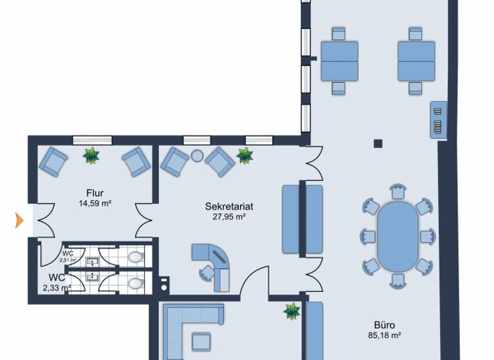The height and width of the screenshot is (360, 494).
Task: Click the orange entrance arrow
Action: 19,221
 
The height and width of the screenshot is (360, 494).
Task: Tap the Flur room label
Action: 95,193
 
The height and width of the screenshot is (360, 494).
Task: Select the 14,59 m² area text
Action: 95,204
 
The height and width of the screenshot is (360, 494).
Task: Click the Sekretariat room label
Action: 229,206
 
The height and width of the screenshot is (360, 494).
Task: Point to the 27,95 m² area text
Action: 229,217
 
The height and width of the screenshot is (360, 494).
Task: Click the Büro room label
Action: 385,325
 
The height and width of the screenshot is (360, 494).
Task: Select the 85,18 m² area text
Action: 384,335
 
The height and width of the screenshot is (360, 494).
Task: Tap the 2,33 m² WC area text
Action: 57,288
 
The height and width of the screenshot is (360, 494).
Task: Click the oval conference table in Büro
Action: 397,236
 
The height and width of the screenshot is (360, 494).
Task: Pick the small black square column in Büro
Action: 378,143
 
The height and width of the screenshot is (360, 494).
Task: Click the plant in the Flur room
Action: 92,155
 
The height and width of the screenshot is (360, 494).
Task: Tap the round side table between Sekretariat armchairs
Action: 197,155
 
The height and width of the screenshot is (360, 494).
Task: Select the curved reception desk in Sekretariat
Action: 215,259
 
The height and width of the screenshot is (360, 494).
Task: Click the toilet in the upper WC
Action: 135,258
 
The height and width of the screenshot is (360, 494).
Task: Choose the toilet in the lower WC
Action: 135,283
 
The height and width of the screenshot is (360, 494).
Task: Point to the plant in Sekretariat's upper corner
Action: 244,155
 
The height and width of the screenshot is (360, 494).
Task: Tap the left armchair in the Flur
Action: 53,160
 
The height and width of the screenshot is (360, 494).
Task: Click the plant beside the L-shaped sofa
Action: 291,312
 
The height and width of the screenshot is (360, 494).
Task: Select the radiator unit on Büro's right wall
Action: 439,118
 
